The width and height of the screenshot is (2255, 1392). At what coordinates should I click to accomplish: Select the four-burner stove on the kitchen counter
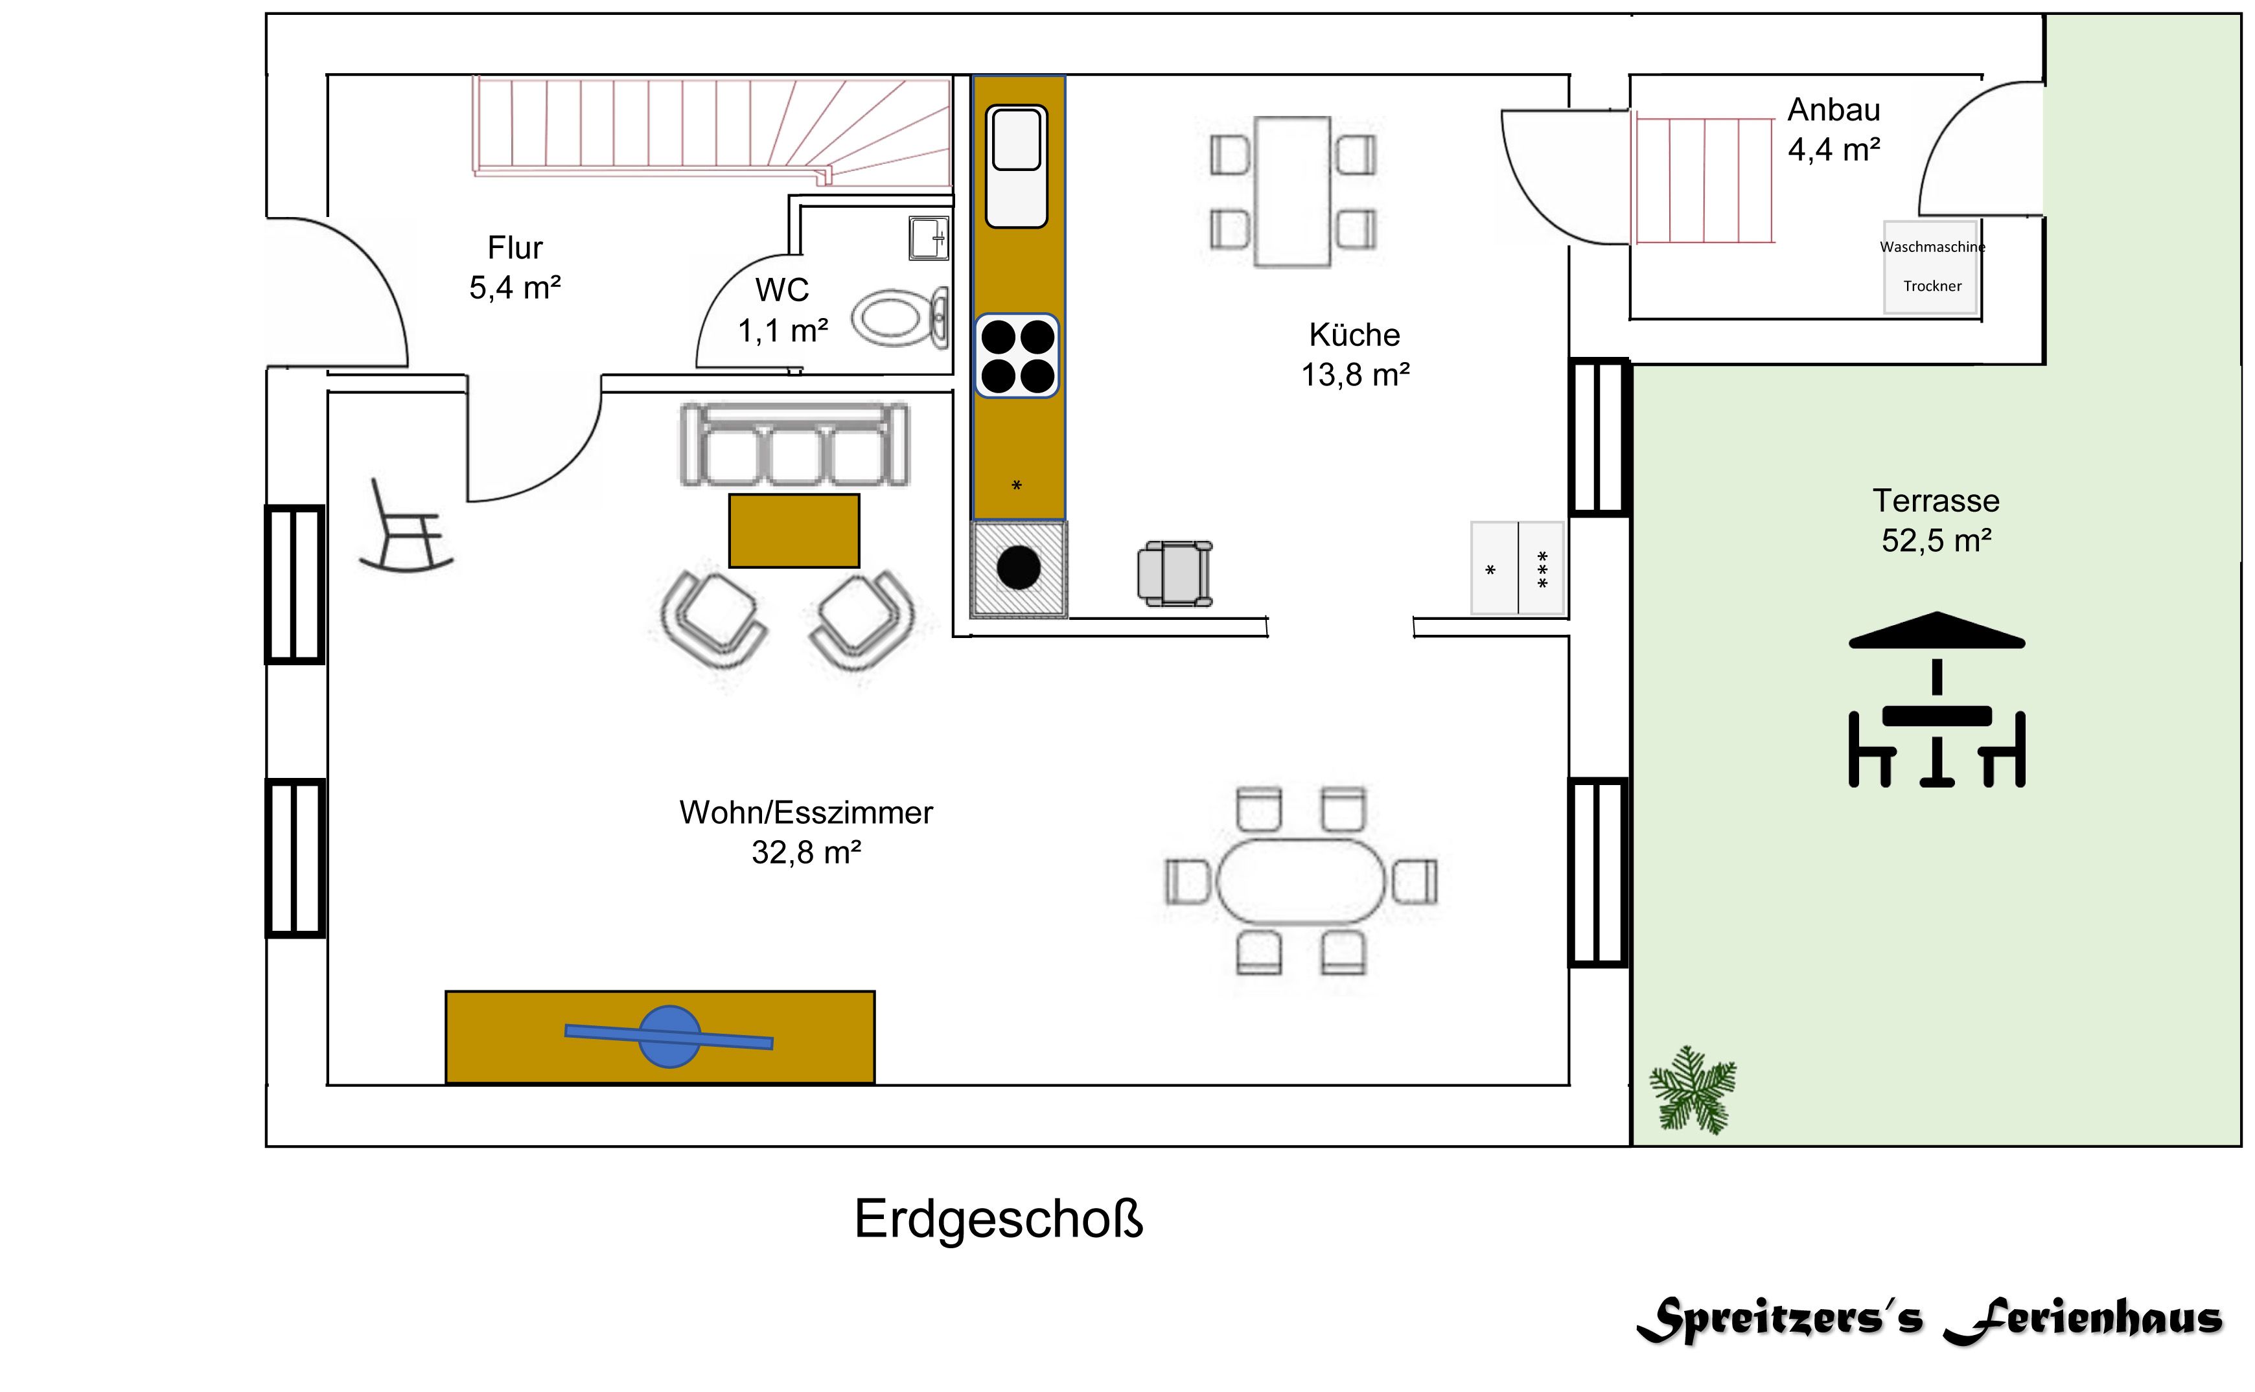point(1017,356)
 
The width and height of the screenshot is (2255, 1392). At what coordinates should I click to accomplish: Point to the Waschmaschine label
point(1932,247)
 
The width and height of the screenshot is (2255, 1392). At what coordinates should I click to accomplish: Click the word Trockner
point(1932,286)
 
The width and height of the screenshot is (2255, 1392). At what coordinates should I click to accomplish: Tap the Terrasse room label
point(1936,501)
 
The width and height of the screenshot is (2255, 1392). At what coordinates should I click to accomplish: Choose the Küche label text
point(1354,335)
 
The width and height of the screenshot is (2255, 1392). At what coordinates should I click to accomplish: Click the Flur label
point(515,247)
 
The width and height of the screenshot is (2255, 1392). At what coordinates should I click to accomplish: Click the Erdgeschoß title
point(998,1219)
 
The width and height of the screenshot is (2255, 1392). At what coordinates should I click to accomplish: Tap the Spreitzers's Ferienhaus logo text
point(1930,1319)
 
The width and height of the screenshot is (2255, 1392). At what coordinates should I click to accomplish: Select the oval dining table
point(1300,881)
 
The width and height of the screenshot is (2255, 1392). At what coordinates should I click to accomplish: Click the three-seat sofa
point(794,446)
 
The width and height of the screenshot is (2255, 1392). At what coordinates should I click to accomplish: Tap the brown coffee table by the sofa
point(794,531)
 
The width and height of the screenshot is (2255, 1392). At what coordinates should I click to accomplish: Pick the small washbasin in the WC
point(927,238)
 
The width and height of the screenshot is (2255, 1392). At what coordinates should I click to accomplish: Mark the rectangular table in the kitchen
point(1293,192)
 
